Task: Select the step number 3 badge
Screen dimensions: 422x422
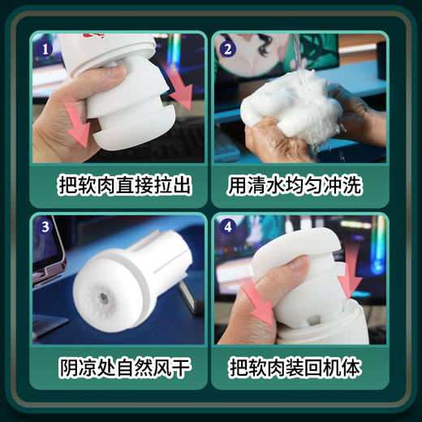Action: click(x=45, y=228)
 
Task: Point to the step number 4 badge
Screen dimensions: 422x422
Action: click(x=227, y=228)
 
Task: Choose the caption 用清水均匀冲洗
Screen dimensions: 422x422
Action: click(x=301, y=186)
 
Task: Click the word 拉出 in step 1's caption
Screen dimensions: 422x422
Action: click(x=178, y=186)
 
